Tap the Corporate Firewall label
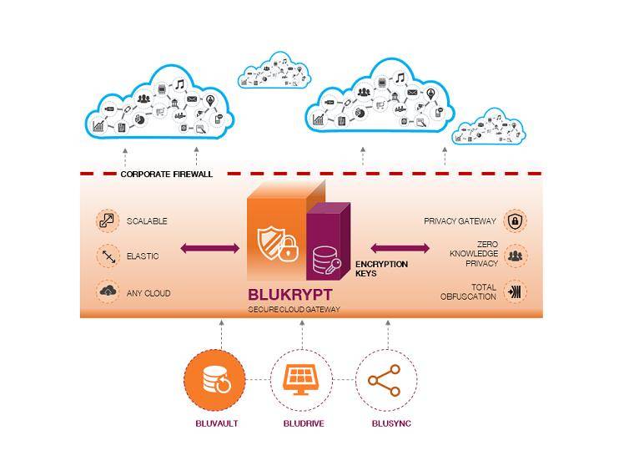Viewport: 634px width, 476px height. click(166, 174)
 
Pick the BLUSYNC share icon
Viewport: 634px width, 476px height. click(385, 381)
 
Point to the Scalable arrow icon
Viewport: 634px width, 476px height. click(107, 220)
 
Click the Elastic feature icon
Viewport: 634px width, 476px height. click(107, 256)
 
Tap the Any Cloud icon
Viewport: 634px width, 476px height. click(107, 292)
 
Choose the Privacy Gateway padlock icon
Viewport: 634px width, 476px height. click(515, 221)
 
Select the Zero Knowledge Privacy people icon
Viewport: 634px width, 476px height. click(515, 256)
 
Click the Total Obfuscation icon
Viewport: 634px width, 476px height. click(515, 292)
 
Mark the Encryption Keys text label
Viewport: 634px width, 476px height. click(382, 268)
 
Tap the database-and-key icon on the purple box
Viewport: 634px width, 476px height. click(326, 262)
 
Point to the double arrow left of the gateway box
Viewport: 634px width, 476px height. click(209, 247)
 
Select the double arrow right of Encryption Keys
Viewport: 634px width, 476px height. click(400, 247)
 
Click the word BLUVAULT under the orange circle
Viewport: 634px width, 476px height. click(216, 423)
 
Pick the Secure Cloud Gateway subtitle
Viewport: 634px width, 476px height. click(294, 310)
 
